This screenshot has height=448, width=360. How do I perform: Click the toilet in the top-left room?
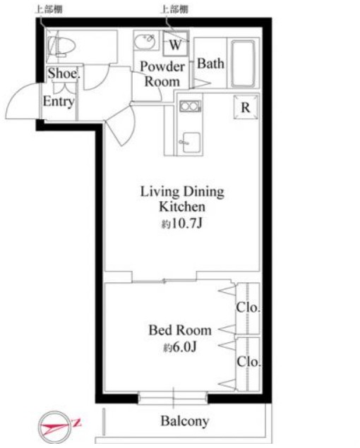click(61, 46)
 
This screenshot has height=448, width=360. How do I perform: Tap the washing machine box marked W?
click(176, 44)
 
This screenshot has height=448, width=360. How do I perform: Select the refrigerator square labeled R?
click(246, 107)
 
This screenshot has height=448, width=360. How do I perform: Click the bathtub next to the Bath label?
click(243, 63)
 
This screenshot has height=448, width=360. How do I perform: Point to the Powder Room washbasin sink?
click(145, 42)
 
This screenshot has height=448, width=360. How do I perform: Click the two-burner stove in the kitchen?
click(190, 107)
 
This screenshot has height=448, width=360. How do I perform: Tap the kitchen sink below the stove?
click(191, 143)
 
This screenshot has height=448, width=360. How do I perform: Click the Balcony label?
click(185, 421)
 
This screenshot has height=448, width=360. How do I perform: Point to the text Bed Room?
click(180, 330)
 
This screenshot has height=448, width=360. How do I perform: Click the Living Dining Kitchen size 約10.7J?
click(182, 224)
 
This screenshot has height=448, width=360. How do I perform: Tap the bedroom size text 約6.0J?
click(180, 347)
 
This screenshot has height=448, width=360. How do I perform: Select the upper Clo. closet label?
click(248, 308)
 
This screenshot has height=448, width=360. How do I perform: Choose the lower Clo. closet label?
click(248, 362)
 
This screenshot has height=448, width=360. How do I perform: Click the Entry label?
click(59, 102)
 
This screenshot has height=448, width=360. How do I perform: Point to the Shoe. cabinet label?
click(64, 73)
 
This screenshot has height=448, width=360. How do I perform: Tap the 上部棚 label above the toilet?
click(49, 9)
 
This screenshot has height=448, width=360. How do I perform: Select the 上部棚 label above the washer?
click(174, 9)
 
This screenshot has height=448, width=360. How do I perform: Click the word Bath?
click(211, 63)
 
